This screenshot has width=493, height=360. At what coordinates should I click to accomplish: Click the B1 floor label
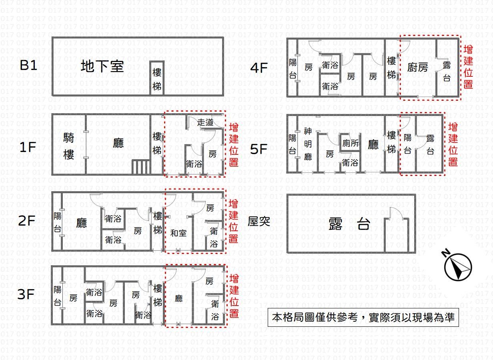(x=28, y=65)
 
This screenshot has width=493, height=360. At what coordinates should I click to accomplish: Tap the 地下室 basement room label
(x=102, y=66)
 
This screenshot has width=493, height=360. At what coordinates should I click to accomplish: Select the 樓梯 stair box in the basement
(x=157, y=79)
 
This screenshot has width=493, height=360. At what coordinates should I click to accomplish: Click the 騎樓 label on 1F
(x=69, y=146)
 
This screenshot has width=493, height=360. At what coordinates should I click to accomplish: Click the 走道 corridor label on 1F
(x=205, y=122)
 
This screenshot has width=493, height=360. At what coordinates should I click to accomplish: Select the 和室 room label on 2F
(x=178, y=233)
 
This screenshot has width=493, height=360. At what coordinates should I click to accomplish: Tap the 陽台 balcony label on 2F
(x=58, y=222)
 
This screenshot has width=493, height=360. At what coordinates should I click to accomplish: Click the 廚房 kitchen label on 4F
(x=417, y=67)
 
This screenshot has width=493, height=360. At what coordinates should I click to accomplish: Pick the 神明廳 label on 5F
(x=308, y=144)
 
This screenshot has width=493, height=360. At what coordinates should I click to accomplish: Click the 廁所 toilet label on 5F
(x=351, y=143)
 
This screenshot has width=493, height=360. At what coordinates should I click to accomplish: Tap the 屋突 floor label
(x=259, y=221)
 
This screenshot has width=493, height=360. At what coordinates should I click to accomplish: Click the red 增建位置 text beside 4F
(x=468, y=67)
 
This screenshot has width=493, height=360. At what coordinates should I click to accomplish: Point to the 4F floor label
(x=259, y=68)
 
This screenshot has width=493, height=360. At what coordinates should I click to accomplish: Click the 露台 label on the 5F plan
(x=430, y=145)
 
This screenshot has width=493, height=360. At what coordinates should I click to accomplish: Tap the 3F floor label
(x=26, y=295)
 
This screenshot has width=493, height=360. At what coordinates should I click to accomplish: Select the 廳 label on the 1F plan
(x=118, y=143)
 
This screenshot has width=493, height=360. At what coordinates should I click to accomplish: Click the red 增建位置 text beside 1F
(x=234, y=145)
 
